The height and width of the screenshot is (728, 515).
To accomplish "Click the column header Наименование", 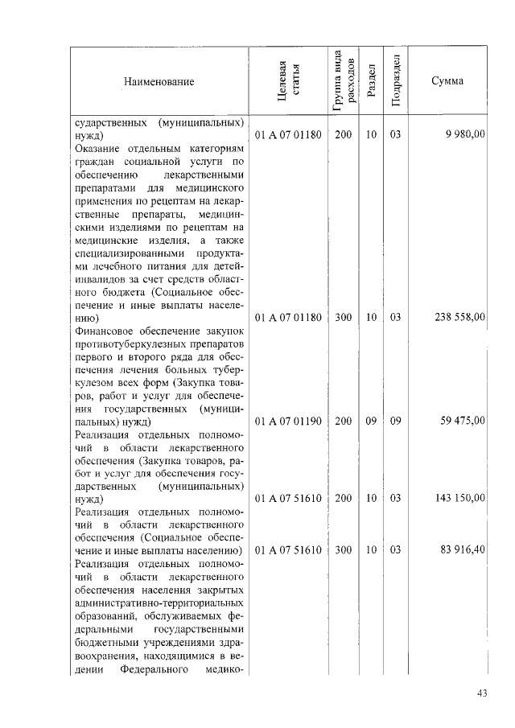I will point(159,82).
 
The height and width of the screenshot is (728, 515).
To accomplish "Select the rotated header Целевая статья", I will point(288,81).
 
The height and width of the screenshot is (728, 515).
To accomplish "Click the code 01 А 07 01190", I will point(287,420).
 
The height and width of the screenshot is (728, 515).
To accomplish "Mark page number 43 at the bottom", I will point(482,693).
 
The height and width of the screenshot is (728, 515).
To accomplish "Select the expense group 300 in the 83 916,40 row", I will point(343,551).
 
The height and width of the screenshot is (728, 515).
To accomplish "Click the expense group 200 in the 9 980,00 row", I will point(343,134).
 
